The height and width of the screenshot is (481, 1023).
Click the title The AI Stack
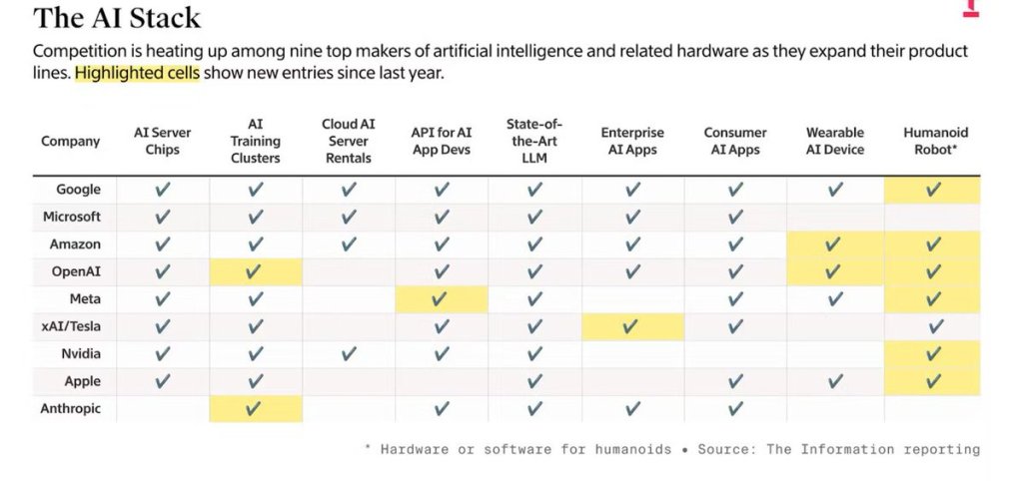[x=117, y=17]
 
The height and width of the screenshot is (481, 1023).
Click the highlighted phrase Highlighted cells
[x=137, y=75]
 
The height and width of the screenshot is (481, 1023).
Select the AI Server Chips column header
[x=163, y=141]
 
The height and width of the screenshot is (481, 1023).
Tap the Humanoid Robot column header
[x=935, y=141]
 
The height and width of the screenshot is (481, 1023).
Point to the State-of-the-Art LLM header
[x=534, y=141]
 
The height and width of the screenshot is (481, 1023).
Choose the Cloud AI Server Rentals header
[x=348, y=141]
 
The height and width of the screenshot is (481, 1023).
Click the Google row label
[x=78, y=189]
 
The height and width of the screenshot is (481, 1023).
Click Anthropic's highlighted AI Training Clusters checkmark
[x=256, y=408]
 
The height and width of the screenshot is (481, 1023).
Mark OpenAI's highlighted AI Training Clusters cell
[x=256, y=271]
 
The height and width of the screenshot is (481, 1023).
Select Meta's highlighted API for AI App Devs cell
[x=442, y=298]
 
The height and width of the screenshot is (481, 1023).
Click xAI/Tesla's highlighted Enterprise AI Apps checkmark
[x=630, y=326]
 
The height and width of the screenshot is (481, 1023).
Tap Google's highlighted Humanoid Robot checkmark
[x=934, y=189]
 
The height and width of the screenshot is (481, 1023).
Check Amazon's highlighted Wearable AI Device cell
[x=834, y=243]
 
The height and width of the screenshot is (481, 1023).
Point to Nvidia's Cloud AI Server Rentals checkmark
[x=348, y=353]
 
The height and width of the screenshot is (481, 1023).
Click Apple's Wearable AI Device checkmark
[x=835, y=381]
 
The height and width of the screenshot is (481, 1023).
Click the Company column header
[x=70, y=141]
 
